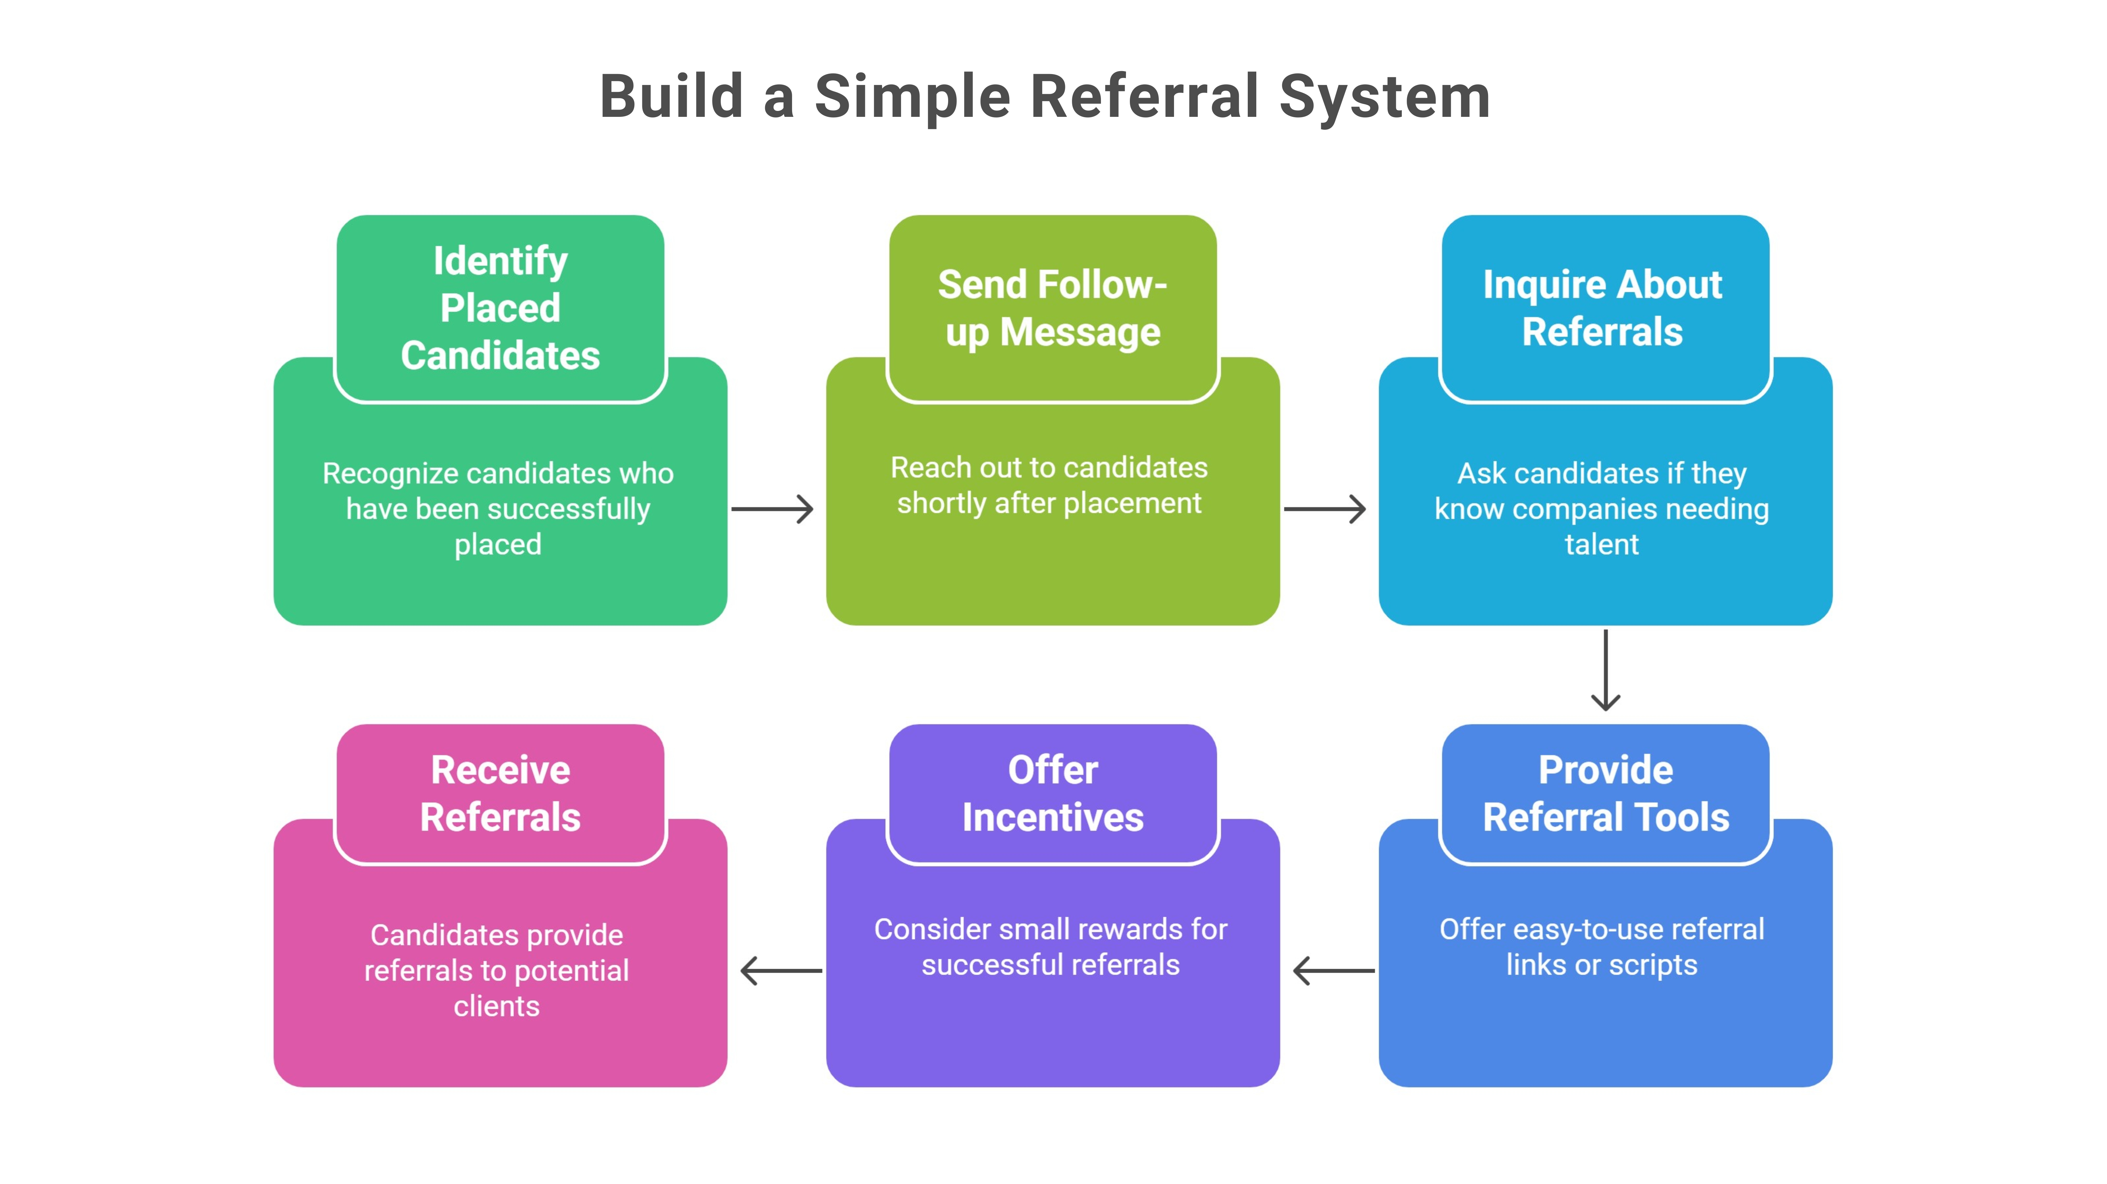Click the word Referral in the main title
(1145, 96)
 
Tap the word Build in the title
(671, 96)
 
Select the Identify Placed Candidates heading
(500, 308)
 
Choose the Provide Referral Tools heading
(1606, 793)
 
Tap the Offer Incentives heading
(1053, 793)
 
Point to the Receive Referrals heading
(500, 793)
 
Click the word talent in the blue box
(1602, 544)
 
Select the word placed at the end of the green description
(497, 544)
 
